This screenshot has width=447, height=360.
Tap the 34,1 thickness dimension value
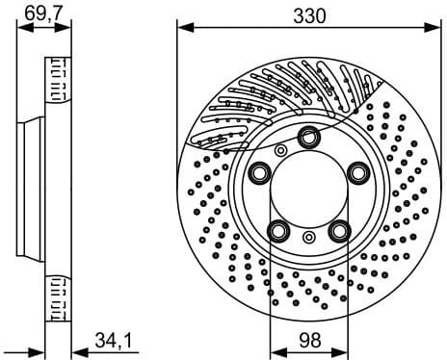click(x=114, y=340)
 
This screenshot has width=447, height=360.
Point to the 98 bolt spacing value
click(x=308, y=340)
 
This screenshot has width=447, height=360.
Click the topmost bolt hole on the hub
click(x=309, y=137)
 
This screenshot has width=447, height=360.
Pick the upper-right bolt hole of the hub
click(x=358, y=172)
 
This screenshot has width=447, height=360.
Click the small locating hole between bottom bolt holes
click(x=308, y=237)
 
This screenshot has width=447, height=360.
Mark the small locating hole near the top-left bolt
click(x=280, y=150)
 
